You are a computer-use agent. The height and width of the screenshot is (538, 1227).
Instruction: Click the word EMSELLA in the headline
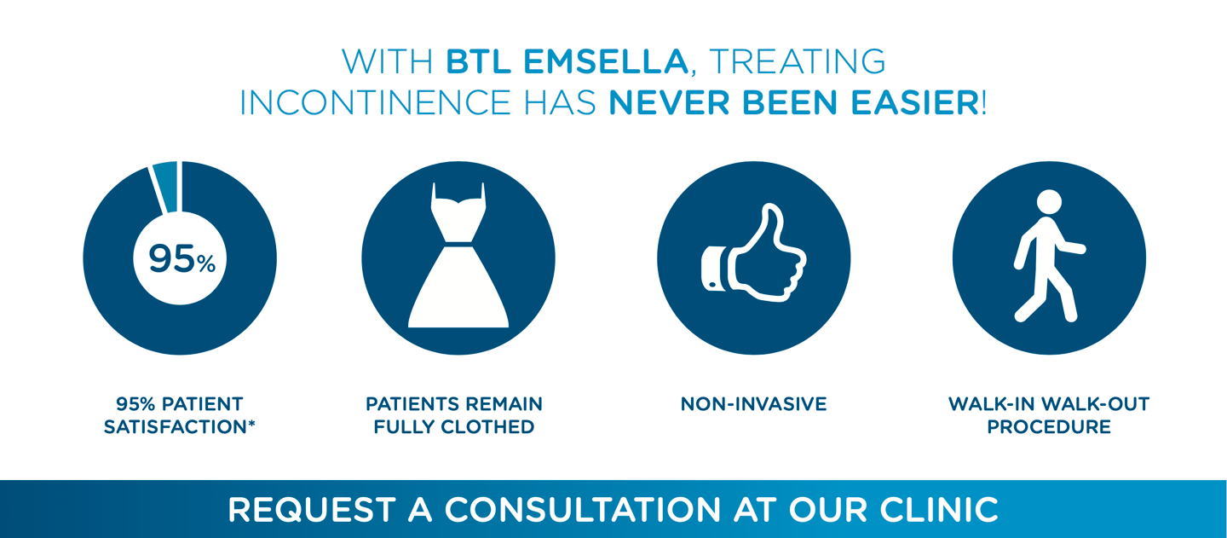pyautogui.click(x=606, y=61)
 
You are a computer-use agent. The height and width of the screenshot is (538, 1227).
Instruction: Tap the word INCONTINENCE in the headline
pyautogui.click(x=375, y=102)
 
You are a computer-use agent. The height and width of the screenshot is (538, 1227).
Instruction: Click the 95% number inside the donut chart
pyautogui.click(x=181, y=258)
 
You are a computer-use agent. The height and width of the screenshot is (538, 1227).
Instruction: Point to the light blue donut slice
pyautogui.click(x=166, y=186)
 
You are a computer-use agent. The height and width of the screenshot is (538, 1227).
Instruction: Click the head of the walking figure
pyautogui.click(x=1049, y=202)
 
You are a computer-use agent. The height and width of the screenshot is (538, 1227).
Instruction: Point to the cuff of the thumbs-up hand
pyautogui.click(x=713, y=269)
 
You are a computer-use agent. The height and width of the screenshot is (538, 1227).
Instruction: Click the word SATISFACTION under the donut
pyautogui.click(x=176, y=427)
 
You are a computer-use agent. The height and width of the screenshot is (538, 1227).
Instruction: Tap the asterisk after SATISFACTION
pyautogui.click(x=251, y=424)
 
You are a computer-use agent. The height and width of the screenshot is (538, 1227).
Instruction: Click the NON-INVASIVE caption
pyautogui.click(x=754, y=404)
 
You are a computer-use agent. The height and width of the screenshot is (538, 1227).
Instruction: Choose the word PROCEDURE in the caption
pyautogui.click(x=1049, y=427)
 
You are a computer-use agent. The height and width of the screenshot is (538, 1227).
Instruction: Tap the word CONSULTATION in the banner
pyautogui.click(x=582, y=510)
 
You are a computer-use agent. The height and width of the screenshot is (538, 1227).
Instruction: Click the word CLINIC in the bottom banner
pyautogui.click(x=939, y=510)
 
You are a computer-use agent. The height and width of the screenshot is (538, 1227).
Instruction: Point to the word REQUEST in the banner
pyautogui.click(x=311, y=510)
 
